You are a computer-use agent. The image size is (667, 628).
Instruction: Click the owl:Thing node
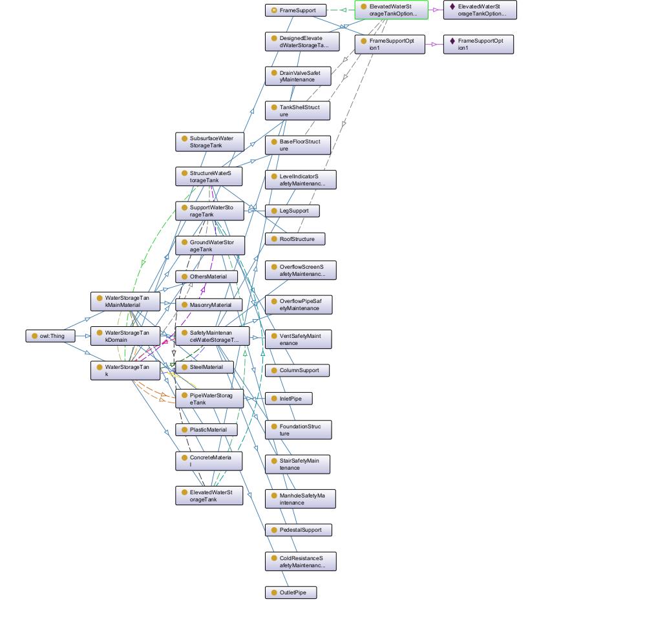(50, 336)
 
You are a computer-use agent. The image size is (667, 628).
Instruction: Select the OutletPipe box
(291, 592)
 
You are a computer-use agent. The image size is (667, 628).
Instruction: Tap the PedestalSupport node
(299, 530)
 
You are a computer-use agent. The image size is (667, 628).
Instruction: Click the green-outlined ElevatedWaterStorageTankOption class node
(392, 10)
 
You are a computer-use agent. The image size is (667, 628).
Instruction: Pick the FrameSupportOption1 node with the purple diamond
(478, 44)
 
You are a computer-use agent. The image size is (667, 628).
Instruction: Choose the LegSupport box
(292, 211)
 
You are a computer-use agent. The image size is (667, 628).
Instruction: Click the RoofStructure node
(295, 239)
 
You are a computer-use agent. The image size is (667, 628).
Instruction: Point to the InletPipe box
(289, 399)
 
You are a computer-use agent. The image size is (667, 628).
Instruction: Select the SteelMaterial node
(205, 367)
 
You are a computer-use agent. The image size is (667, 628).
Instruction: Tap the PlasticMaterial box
(206, 430)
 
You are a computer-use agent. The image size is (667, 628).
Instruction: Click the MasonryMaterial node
(209, 305)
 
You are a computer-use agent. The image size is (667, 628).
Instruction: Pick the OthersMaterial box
(206, 277)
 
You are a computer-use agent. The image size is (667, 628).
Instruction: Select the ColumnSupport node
(297, 370)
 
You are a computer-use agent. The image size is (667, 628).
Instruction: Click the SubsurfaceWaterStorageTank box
(209, 141)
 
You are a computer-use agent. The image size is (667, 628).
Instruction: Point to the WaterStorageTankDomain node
(125, 336)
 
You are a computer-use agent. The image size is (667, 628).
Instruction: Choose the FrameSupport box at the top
(295, 10)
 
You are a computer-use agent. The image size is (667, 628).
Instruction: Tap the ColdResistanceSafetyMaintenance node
(301, 561)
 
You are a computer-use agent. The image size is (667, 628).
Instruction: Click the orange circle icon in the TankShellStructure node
(274, 107)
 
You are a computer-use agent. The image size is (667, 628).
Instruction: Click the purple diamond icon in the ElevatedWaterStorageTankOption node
(452, 6)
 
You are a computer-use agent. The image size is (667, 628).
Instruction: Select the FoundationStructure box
(298, 430)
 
